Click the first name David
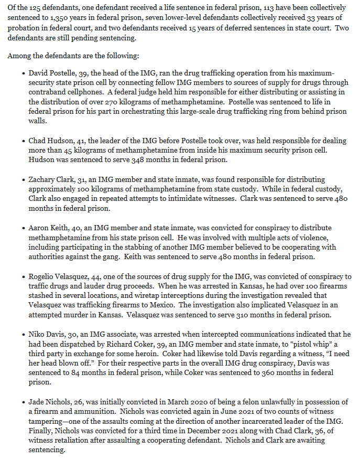point(41,72)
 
